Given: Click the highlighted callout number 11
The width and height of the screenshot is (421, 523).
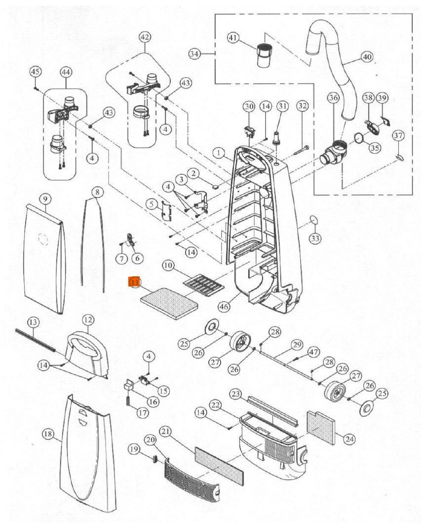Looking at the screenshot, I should click(x=134, y=282).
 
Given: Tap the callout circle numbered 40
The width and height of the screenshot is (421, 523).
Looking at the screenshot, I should click(x=366, y=57).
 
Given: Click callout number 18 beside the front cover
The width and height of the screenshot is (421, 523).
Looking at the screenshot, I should click(x=48, y=434).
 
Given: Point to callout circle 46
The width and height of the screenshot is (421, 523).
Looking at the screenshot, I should click(x=224, y=306).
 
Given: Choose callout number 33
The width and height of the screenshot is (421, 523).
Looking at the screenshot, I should click(x=315, y=239).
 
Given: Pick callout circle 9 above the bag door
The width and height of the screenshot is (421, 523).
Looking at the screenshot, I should click(x=45, y=199).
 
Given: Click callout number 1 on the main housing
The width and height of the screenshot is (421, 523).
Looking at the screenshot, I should click(x=217, y=154).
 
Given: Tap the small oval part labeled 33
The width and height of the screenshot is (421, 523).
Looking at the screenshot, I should click(x=312, y=219).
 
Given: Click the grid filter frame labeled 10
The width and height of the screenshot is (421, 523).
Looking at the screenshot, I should click(x=203, y=285).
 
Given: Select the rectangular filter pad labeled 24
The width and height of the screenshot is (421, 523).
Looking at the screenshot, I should click(x=322, y=427).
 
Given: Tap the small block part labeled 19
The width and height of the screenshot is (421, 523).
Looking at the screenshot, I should click(x=154, y=458).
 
